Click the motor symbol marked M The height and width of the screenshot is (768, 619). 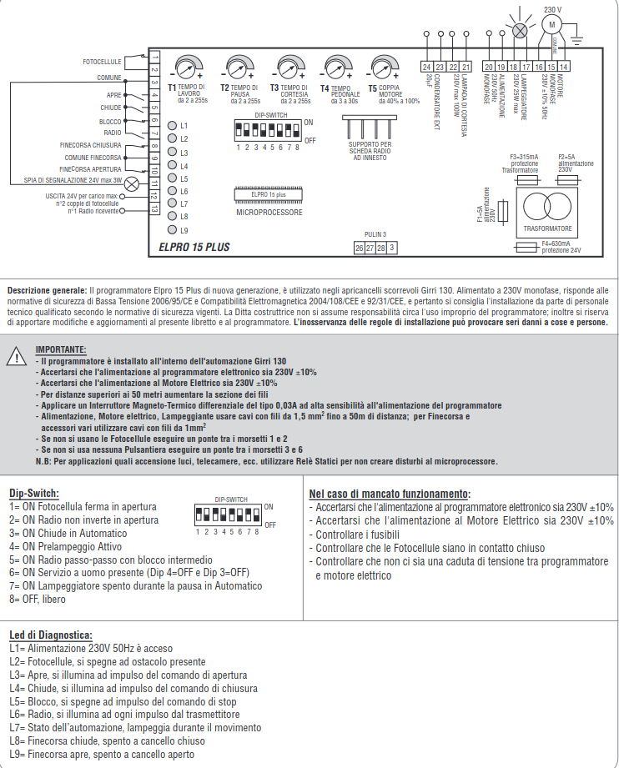coord(551,25)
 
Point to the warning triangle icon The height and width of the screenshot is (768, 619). coord(17,356)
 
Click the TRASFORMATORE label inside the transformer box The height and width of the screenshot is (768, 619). coord(547,227)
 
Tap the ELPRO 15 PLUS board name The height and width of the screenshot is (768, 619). coord(194,247)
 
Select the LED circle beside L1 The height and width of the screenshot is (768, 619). coord(173,125)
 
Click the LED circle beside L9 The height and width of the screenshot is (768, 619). coord(173,229)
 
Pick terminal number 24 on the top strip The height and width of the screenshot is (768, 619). coord(426,66)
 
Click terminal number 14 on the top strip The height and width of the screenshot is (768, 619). coord(565,66)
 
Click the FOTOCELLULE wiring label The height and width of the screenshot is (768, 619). coord(103,63)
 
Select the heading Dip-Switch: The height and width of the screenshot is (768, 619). coord(34,494)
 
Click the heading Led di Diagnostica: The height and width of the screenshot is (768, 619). coord(52,635)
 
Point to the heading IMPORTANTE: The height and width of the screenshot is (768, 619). coord(61,349)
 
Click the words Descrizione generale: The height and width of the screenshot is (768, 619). coord(47,290)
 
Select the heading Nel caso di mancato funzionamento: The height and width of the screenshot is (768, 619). coord(390,494)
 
